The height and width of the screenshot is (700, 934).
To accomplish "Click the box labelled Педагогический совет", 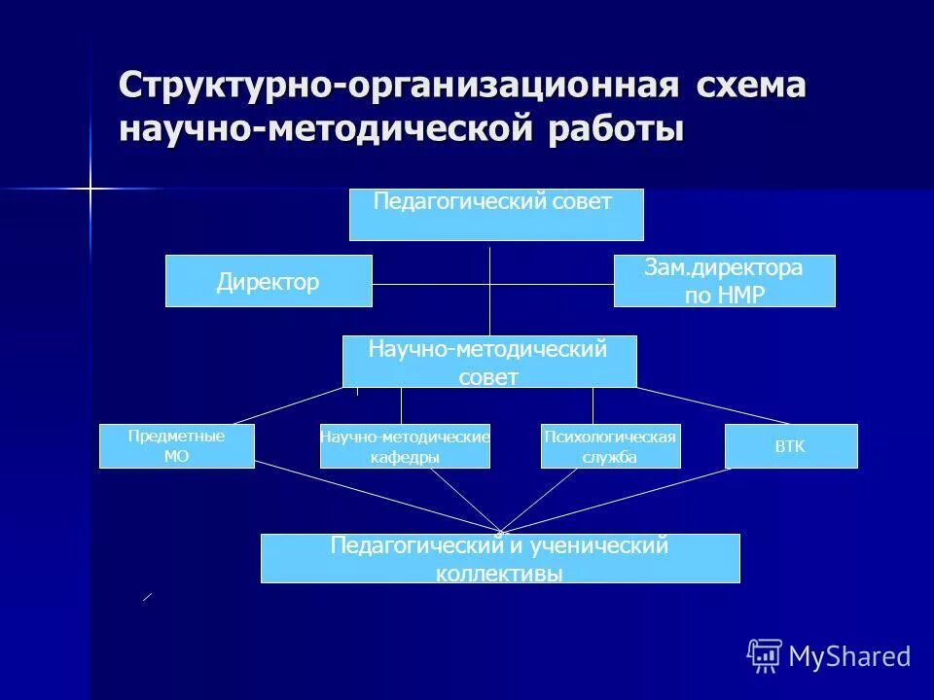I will coord(496,215).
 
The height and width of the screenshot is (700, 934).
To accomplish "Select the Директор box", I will coord(269,281).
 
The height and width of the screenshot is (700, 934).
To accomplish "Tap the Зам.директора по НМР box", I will coord(724,281).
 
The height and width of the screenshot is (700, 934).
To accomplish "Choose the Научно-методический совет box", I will coord(489,362).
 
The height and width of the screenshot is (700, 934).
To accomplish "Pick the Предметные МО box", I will coord(176,446).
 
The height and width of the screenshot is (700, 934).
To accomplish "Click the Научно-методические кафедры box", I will coord(405,446).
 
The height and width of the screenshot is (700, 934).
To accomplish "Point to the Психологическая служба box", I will coord(610,446).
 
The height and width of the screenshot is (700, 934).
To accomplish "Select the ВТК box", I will coord(791,446).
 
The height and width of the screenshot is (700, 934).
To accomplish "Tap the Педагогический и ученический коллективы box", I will coord(500,559).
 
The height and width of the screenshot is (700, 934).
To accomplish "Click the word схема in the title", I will coord(750,86).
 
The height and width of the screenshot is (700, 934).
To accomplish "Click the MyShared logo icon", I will coord(764,656).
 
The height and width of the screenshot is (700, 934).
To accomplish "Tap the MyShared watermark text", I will coord(849,657).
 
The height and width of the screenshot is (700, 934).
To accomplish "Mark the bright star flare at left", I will coord(90,188).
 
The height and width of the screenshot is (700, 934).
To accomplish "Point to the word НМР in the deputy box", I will coord(740,296).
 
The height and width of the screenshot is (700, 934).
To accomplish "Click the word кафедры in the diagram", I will coord(405,457).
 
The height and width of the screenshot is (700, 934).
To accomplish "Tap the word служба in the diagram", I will coord(610,457).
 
